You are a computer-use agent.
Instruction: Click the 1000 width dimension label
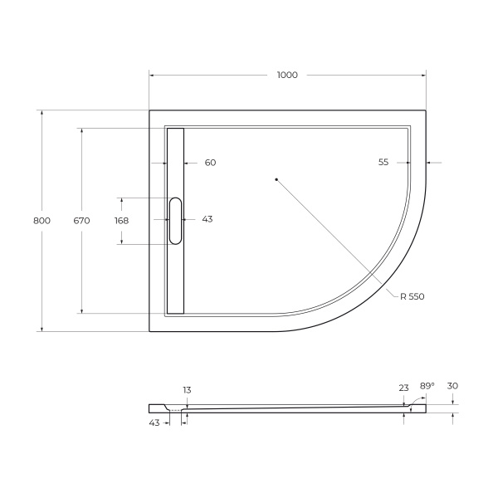[x=286, y=76]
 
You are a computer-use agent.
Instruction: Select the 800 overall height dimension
[x=41, y=221]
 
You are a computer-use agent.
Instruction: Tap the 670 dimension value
[x=81, y=221]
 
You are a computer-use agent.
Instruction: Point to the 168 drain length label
[x=121, y=221]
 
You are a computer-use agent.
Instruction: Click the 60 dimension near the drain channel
[x=210, y=163]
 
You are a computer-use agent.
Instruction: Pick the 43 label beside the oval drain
[x=207, y=219]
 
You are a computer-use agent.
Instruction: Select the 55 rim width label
[x=383, y=163]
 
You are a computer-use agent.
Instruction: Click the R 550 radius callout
[x=412, y=296]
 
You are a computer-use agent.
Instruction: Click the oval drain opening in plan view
[x=175, y=221]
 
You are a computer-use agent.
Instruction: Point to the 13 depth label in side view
[x=187, y=389]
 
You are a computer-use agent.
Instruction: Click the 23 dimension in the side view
[x=403, y=387]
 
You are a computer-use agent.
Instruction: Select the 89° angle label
[x=427, y=387]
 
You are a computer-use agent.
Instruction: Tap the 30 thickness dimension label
[x=452, y=385]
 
